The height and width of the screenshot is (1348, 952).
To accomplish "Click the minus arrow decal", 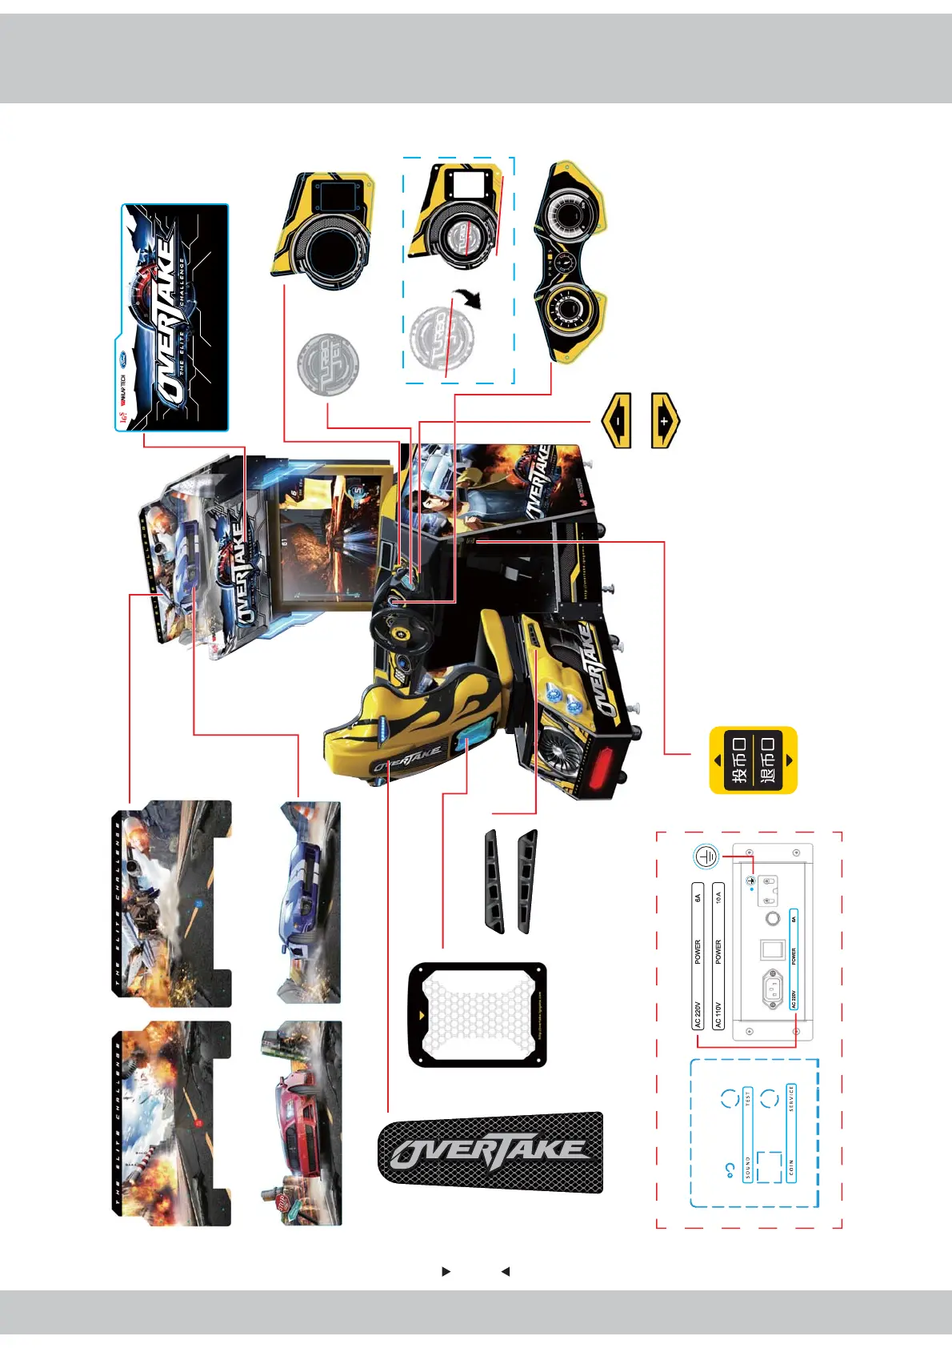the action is click(617, 419).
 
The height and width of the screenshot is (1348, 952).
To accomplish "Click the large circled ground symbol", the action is click(706, 857).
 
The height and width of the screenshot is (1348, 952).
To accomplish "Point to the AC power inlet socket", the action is click(772, 989).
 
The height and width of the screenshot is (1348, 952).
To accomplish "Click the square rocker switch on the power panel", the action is click(771, 949).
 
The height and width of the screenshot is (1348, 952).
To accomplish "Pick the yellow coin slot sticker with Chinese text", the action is click(753, 760).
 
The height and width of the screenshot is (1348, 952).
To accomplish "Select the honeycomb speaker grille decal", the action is click(477, 1015).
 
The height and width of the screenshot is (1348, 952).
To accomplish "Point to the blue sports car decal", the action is click(310, 903).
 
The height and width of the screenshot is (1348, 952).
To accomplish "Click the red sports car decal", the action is click(301, 1122).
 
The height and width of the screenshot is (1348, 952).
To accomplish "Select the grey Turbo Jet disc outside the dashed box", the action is click(328, 364).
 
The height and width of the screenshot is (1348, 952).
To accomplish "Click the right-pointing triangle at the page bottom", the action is click(446, 1270).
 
